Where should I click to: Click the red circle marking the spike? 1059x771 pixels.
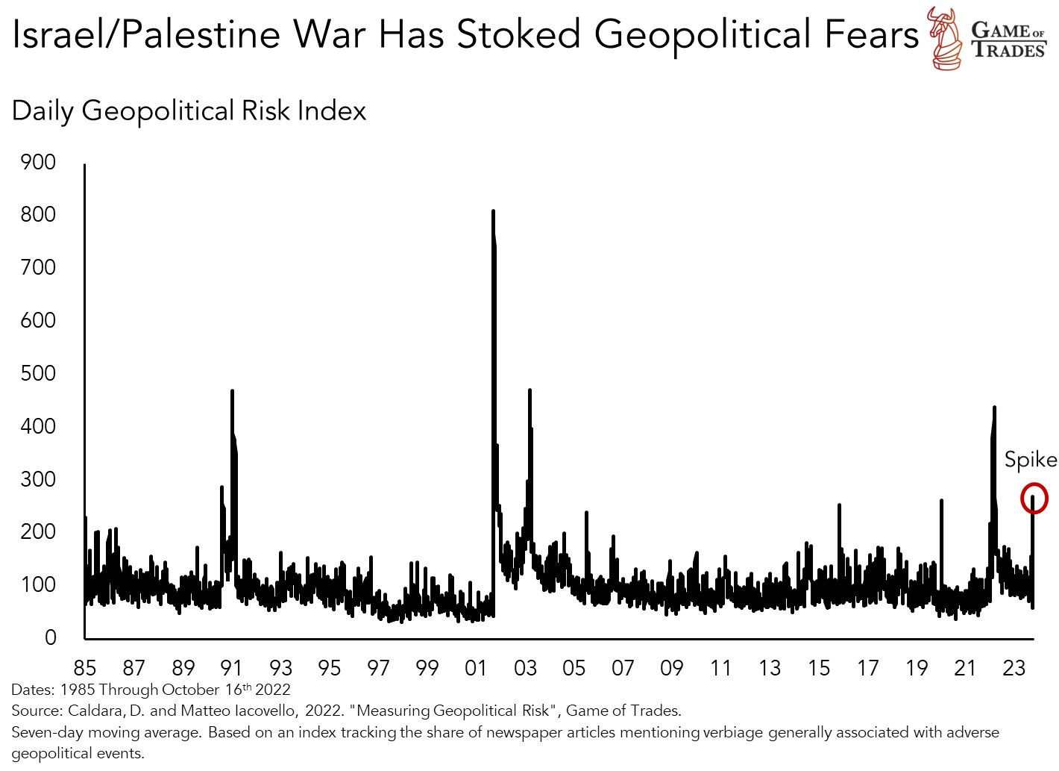pyautogui.click(x=1034, y=498)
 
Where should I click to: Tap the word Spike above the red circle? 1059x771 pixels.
pyautogui.click(x=1030, y=459)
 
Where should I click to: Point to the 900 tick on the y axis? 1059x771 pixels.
pyautogui.click(x=39, y=162)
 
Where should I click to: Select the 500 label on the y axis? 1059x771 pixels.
pyautogui.click(x=39, y=373)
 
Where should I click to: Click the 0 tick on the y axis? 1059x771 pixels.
pyautogui.click(x=50, y=637)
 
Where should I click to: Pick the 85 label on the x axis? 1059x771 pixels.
pyautogui.click(x=85, y=668)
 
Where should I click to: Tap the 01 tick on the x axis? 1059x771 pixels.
pyautogui.click(x=476, y=668)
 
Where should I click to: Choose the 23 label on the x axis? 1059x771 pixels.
pyautogui.click(x=1014, y=668)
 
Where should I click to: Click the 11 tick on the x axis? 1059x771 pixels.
pyautogui.click(x=720, y=668)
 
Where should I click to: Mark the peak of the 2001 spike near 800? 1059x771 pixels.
pyautogui.click(x=493, y=212)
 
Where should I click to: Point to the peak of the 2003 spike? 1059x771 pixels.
pyautogui.click(x=529, y=390)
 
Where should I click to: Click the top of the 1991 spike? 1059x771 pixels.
pyautogui.click(x=232, y=391)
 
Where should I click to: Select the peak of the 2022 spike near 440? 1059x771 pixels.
pyautogui.click(x=995, y=408)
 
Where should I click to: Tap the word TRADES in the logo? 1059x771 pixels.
pyautogui.click(x=1008, y=51)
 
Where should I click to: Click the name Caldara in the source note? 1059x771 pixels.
pyautogui.click(x=93, y=711)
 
